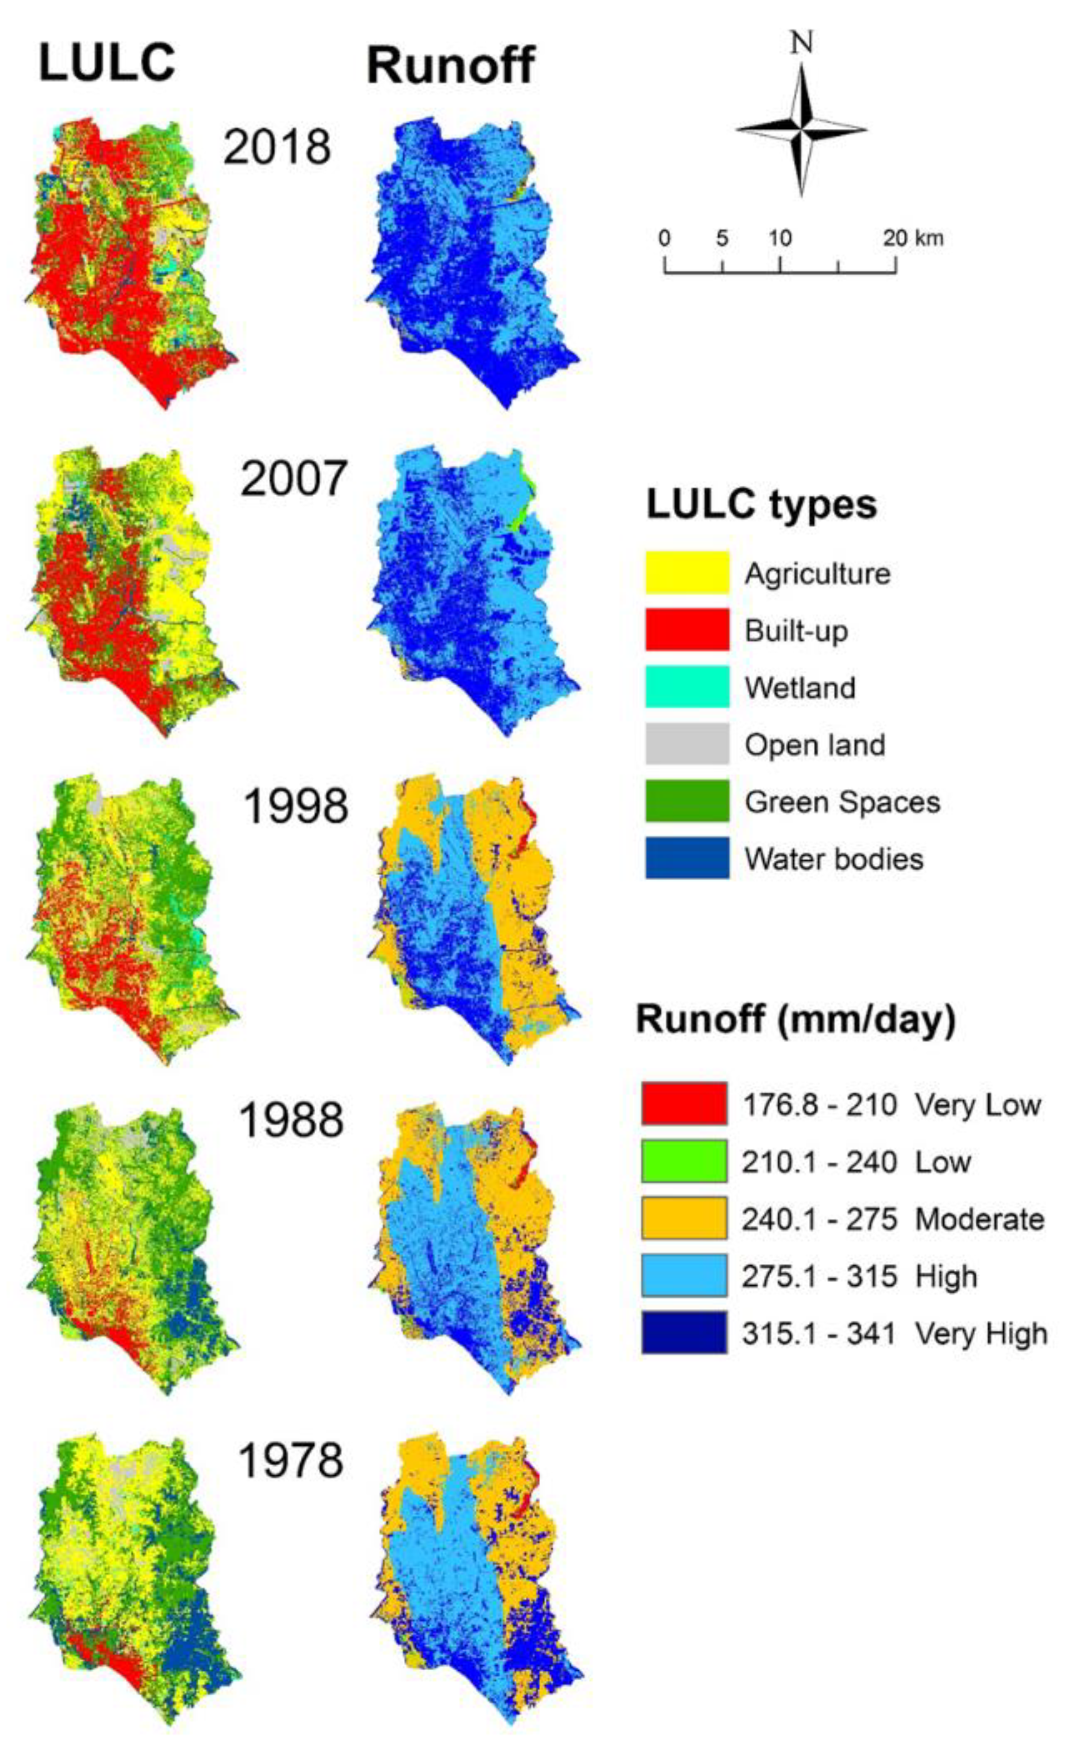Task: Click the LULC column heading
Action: point(107,63)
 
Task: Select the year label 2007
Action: point(294,479)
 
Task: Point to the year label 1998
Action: point(296,806)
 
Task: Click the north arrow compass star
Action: point(801,130)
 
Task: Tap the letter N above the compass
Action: point(801,43)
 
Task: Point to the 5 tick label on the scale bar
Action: point(722,238)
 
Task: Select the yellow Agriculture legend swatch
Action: point(687,572)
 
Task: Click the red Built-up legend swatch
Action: point(687,630)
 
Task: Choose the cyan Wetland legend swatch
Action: point(687,687)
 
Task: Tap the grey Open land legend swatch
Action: point(687,744)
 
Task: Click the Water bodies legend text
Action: point(833,859)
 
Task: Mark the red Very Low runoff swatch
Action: point(684,1104)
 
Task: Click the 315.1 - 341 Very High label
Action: point(894,1333)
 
